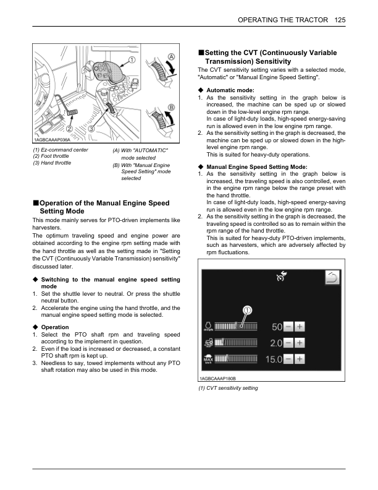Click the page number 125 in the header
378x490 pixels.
click(339, 20)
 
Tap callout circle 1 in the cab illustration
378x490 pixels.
click(132, 60)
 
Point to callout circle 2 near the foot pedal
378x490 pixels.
click(69, 128)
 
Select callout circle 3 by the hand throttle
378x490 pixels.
click(91, 128)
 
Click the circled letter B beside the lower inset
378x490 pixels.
click(170, 107)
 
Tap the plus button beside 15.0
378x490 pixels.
click(300, 358)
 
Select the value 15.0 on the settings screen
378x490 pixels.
click(274, 358)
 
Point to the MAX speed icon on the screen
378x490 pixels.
click(208, 359)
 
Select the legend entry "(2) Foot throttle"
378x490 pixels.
click(51, 156)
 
